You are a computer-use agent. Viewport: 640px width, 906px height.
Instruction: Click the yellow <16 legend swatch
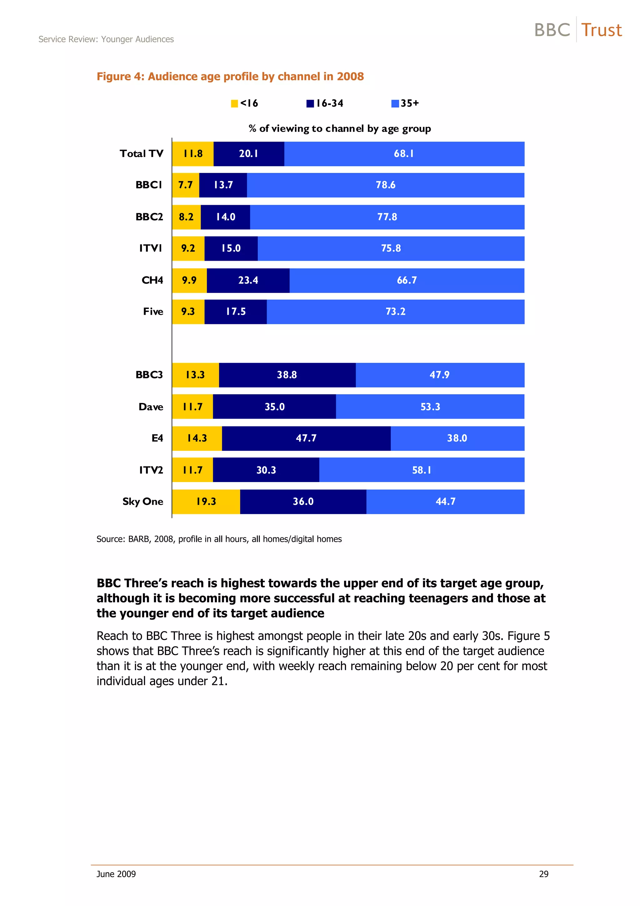(234, 104)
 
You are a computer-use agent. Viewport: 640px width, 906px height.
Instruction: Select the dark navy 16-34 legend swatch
(310, 104)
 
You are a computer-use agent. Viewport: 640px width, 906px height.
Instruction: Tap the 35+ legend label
(410, 103)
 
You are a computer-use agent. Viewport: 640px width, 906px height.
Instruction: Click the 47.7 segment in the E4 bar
(306, 438)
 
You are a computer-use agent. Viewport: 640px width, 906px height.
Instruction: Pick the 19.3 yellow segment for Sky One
(206, 501)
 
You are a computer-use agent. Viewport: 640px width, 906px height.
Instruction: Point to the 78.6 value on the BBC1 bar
(385, 185)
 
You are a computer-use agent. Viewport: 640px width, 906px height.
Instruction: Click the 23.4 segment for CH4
(248, 280)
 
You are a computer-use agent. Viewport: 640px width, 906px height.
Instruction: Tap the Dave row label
(151, 407)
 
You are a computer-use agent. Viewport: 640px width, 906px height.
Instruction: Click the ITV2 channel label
(151, 470)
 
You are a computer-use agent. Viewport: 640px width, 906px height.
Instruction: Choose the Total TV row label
(141, 154)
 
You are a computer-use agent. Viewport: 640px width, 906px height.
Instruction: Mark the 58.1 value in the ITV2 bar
(422, 470)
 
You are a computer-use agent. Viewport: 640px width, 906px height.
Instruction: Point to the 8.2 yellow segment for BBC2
(186, 217)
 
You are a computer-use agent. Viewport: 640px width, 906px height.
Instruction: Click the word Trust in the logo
(601, 30)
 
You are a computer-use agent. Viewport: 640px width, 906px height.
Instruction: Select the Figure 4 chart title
(230, 77)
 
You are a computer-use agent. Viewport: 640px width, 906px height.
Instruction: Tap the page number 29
(543, 874)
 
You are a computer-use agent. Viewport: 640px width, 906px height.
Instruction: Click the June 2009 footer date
(116, 874)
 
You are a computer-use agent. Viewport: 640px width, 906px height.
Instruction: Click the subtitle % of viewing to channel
(339, 128)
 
